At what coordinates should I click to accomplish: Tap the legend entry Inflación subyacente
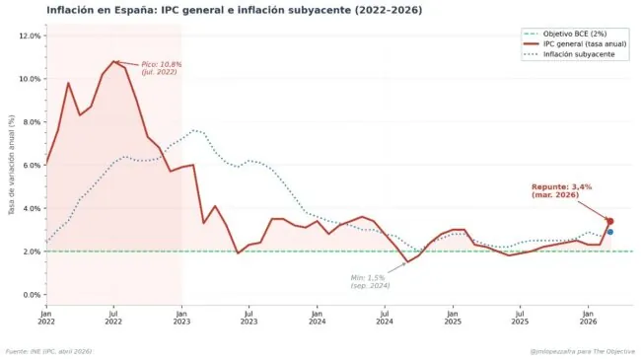coord(574,55)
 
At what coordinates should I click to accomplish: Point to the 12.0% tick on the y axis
coord(30,36)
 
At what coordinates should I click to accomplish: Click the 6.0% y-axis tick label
coord(32,166)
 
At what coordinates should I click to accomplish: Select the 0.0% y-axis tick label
coord(32,295)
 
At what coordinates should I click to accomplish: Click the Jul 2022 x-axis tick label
coord(113,317)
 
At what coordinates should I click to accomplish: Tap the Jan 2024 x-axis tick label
coord(317,317)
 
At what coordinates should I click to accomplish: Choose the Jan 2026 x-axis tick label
coord(588,317)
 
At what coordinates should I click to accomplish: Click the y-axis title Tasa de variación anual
coord(11,165)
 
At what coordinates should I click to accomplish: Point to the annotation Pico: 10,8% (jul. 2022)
coord(162,68)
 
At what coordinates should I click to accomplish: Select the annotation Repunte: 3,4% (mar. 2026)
coord(562,190)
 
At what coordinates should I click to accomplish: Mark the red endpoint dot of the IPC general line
coord(610,221)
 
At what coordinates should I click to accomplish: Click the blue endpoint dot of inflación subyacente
coord(610,232)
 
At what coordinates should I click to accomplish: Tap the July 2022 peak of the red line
coord(114,61)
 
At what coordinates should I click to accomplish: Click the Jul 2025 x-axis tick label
coord(520,317)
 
